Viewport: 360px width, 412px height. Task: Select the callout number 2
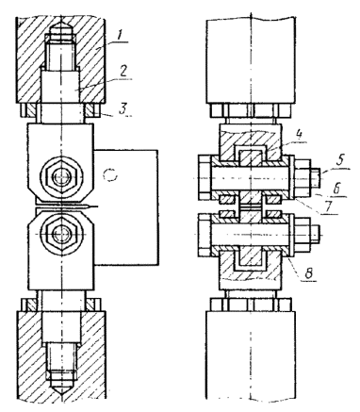[x=123, y=72]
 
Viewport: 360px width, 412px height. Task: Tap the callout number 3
[x=123, y=108]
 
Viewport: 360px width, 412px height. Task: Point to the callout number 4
[x=299, y=135]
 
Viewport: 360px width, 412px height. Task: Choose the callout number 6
[x=336, y=189]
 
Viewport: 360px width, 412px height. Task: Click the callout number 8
[x=309, y=273]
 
